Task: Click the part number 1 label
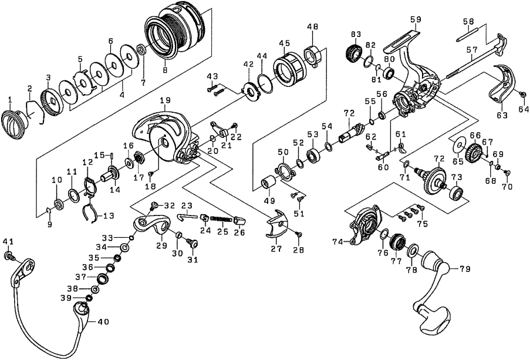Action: click(9, 99)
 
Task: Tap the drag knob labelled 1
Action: click(13, 125)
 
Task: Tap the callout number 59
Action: click(416, 19)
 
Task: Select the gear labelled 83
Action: click(354, 54)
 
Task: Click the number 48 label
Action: click(313, 26)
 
